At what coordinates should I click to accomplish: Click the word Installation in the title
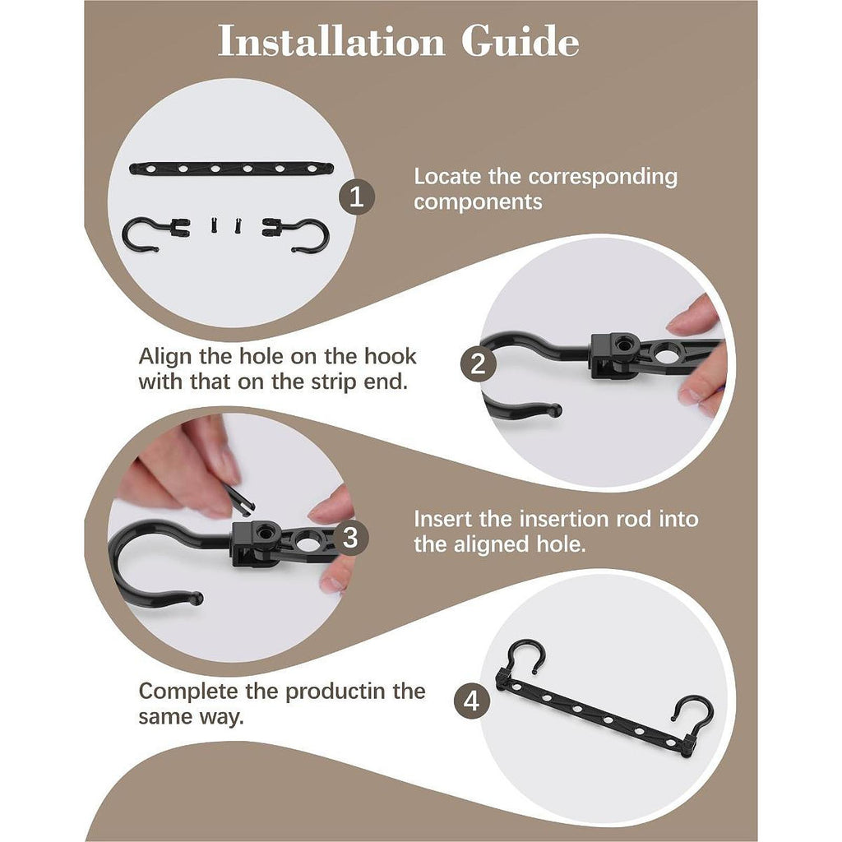click(x=331, y=41)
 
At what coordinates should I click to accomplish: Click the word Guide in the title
click(x=520, y=41)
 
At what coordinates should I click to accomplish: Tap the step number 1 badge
click(x=357, y=197)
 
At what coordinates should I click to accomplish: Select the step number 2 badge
click(x=478, y=364)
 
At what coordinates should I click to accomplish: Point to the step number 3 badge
click(x=350, y=538)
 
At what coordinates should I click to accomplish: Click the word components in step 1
click(x=478, y=203)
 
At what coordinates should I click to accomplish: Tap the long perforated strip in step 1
click(x=231, y=169)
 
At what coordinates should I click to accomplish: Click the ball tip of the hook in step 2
click(x=555, y=411)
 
